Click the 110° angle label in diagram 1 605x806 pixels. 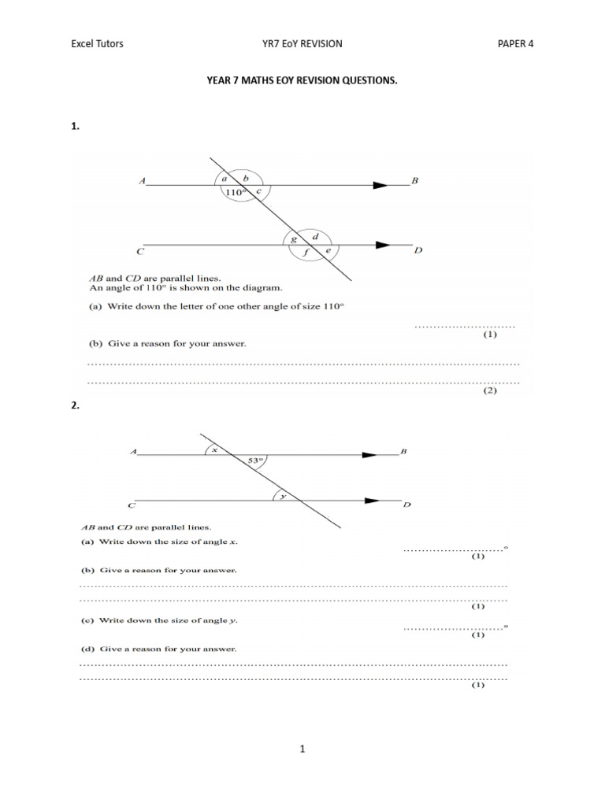[234, 192]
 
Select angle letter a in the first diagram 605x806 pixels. [224, 179]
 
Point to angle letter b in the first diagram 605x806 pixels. [245, 179]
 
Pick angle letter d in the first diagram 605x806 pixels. [316, 237]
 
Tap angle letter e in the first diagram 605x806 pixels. [328, 251]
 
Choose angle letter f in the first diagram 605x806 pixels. [306, 253]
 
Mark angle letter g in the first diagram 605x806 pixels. [294, 238]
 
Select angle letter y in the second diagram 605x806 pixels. [282, 496]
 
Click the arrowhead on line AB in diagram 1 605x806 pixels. [381, 186]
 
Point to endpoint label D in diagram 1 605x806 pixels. [418, 251]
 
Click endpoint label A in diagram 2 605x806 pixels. [134, 452]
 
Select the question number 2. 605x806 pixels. [75, 406]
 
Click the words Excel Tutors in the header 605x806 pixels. [97, 44]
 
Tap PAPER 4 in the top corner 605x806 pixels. [515, 44]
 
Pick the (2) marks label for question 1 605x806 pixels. [490, 390]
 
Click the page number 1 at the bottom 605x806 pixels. [302, 749]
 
